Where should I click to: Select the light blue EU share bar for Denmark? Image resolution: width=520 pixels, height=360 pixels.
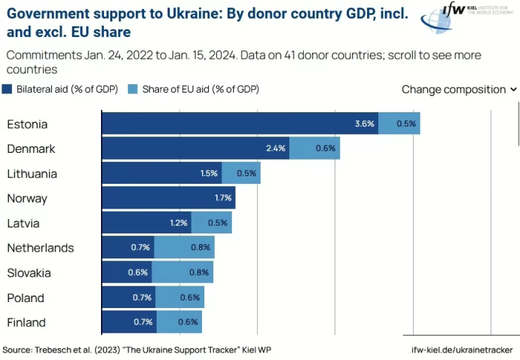pos(314,148)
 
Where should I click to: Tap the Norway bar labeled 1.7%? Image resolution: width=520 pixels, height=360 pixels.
pos(168,198)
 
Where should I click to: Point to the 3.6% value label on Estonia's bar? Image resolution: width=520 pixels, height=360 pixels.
pos(365,124)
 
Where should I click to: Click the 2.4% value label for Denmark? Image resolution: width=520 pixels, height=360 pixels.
pos(276,148)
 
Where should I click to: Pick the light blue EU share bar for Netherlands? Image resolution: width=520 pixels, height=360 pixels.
pos(185,247)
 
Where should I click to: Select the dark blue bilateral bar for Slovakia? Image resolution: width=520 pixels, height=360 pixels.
pos(127,272)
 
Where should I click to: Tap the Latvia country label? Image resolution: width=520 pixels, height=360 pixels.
pos(23,223)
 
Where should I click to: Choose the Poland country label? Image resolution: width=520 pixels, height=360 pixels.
pos(26,297)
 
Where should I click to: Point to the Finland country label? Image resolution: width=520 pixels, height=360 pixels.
pos(26,322)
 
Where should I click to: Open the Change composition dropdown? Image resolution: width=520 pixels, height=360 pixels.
pos(459,89)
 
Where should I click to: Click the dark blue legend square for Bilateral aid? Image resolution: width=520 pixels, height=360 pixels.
pos(7,89)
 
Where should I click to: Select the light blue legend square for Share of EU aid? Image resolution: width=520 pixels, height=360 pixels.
pos(133,89)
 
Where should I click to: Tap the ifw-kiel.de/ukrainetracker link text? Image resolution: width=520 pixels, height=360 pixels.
pos(462,349)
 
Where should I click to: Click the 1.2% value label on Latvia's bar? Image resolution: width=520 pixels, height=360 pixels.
pos(179,223)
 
